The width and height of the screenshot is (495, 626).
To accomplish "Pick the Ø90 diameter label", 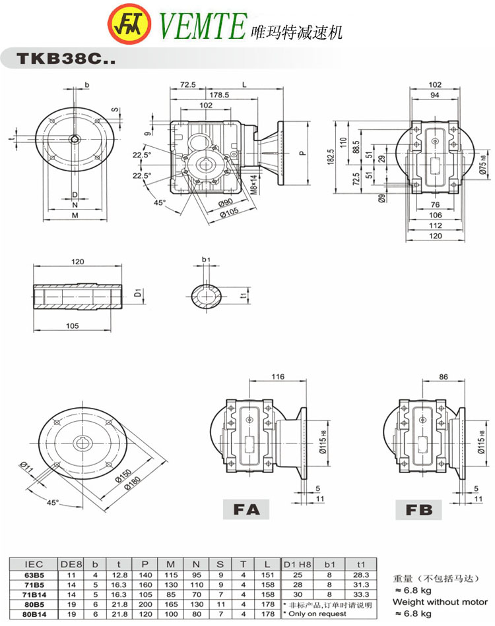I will coord(225,202).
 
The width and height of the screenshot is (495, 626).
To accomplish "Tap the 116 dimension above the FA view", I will coord(277,376).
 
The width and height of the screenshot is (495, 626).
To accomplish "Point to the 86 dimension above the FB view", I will coord(443,376).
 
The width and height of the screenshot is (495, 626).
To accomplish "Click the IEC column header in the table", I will coord(34,565).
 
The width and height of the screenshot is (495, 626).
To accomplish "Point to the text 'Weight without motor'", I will coord(440,602).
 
